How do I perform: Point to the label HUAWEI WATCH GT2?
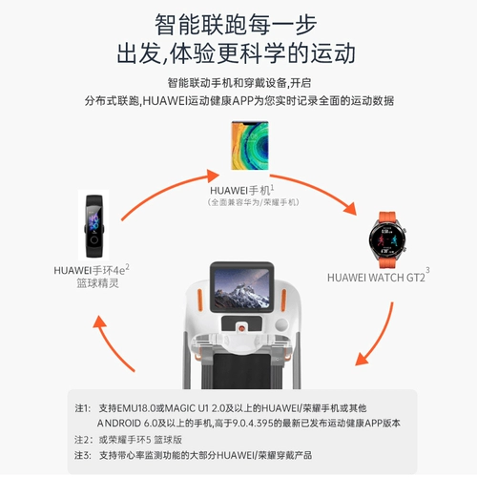pyautogui.click(x=376, y=278)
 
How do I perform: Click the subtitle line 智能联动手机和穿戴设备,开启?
pyautogui.click(x=238, y=82)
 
